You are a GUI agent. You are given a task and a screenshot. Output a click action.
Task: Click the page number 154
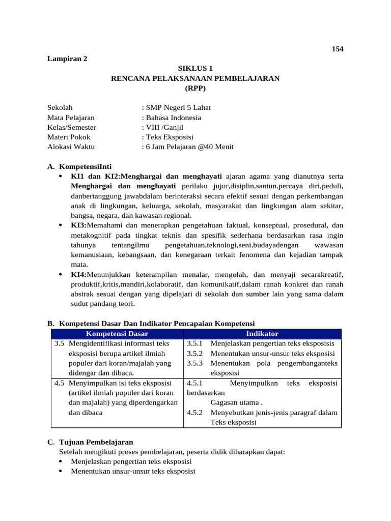[x=338, y=49]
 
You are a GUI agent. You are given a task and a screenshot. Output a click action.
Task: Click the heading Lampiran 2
[x=67, y=59]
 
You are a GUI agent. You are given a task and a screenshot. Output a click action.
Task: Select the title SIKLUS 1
[x=195, y=68]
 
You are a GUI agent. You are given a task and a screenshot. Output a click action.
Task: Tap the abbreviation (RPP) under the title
[x=195, y=88]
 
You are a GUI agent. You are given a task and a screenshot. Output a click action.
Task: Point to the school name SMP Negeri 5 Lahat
[x=178, y=107]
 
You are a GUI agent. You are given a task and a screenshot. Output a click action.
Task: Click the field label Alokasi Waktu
[x=71, y=147]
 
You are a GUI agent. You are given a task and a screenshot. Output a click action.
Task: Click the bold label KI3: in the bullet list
[x=79, y=225]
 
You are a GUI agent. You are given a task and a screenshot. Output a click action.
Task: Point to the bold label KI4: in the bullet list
[x=79, y=274]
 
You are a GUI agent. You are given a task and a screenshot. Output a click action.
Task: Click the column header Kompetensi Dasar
[x=117, y=334]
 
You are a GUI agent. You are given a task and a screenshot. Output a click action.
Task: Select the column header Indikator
[x=262, y=334]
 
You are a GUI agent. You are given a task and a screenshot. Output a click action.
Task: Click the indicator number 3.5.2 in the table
[x=195, y=354]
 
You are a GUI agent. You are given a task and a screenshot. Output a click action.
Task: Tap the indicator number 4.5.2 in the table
[x=195, y=413]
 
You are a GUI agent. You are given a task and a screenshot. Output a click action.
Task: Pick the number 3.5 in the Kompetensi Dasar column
[x=59, y=343]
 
